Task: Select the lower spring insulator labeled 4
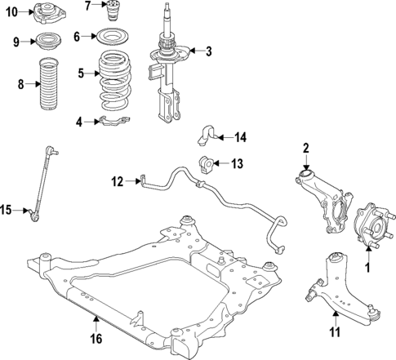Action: tap(114, 123)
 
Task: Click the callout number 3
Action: tap(208, 52)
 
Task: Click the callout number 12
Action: tap(117, 181)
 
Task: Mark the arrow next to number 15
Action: tap(23, 211)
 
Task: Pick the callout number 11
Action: tap(331, 334)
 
